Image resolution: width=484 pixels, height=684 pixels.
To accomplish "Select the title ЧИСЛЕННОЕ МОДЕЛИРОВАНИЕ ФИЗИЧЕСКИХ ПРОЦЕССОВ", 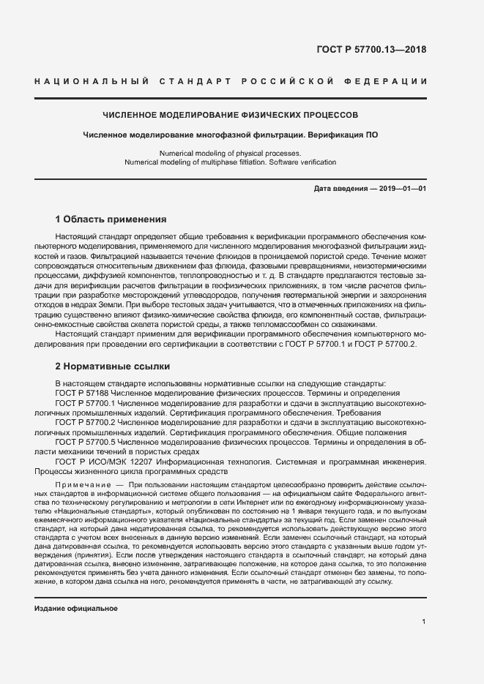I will (231, 116).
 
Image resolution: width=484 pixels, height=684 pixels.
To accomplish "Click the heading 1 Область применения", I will (111, 219).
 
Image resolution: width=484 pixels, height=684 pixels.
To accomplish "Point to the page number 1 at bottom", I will (424, 622).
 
